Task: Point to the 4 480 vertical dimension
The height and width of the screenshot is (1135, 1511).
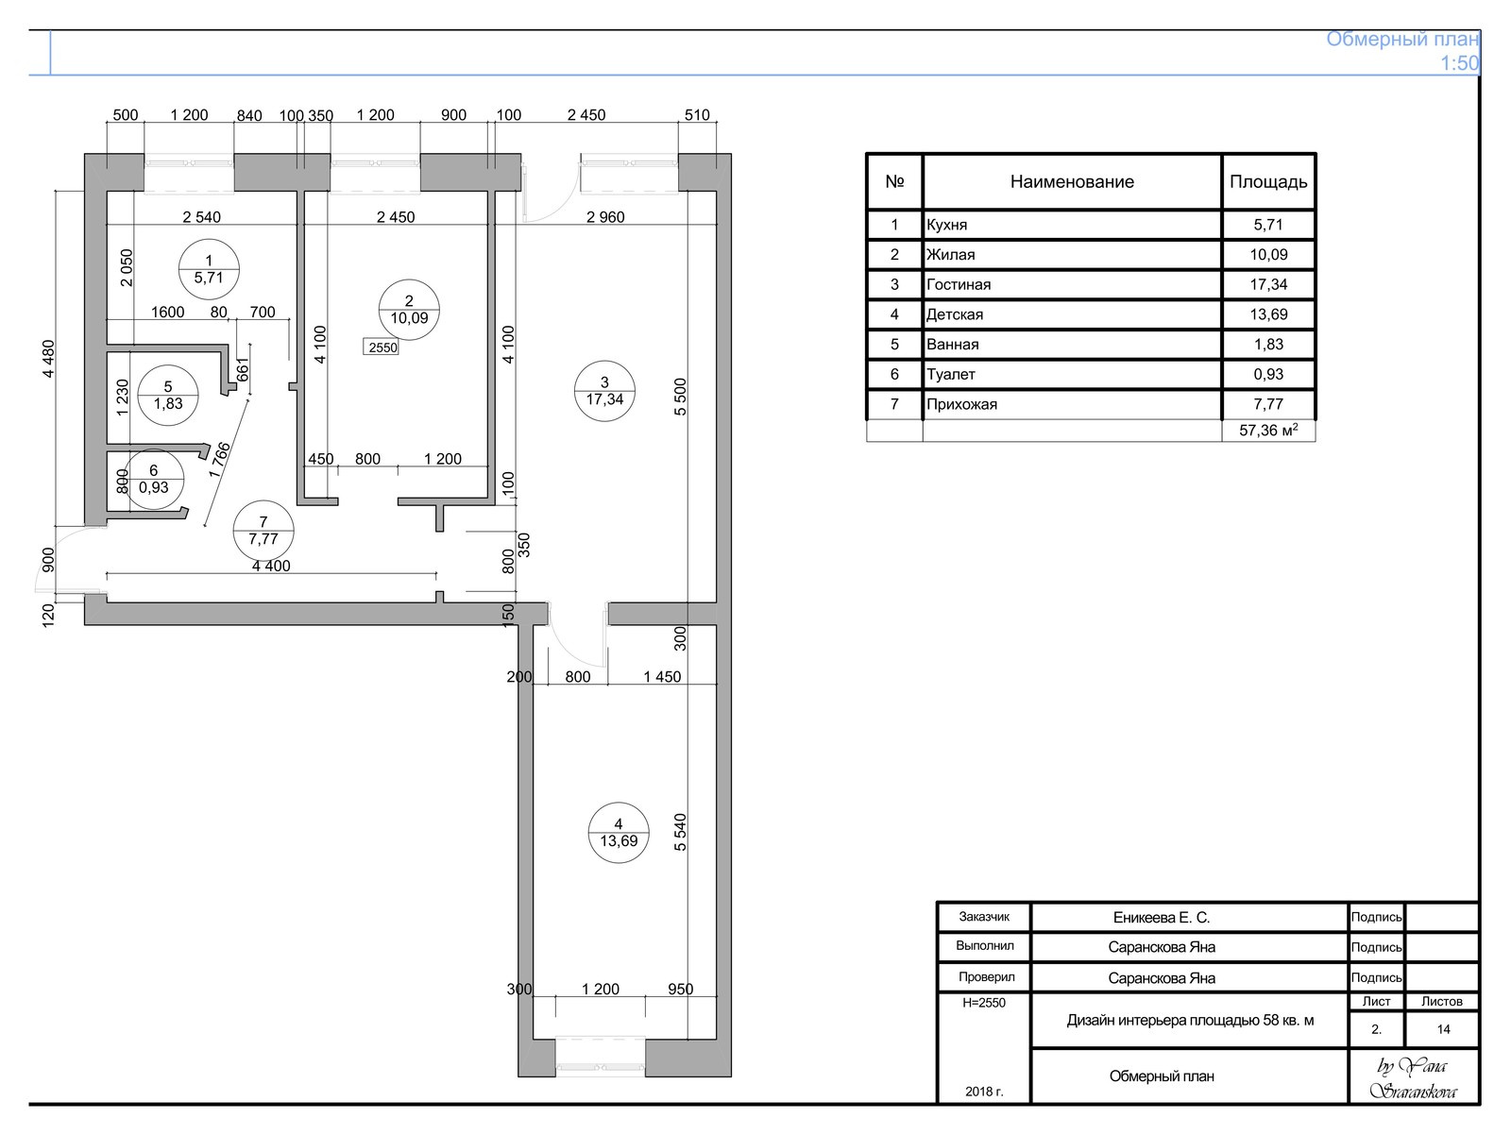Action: (x=48, y=359)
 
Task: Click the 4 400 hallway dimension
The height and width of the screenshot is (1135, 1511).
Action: (x=271, y=566)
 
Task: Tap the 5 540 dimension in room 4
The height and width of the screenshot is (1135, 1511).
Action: (x=680, y=832)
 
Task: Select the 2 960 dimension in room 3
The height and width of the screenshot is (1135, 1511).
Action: (x=605, y=217)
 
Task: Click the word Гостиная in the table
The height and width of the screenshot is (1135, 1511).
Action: (x=959, y=284)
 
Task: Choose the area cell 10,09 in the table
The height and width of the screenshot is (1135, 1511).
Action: (x=1268, y=255)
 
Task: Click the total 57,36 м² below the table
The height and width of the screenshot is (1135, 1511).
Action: (x=1268, y=431)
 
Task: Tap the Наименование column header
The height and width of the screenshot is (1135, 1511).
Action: (x=1072, y=181)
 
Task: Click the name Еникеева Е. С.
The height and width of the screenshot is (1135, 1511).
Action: (x=1161, y=918)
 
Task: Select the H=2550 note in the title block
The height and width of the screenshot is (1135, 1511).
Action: (x=984, y=1003)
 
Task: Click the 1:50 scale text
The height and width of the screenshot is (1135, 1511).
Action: (x=1459, y=63)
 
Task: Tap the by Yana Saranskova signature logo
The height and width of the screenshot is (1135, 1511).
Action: (x=1413, y=1077)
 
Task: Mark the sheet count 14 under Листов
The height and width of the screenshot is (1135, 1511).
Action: (x=1443, y=1029)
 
